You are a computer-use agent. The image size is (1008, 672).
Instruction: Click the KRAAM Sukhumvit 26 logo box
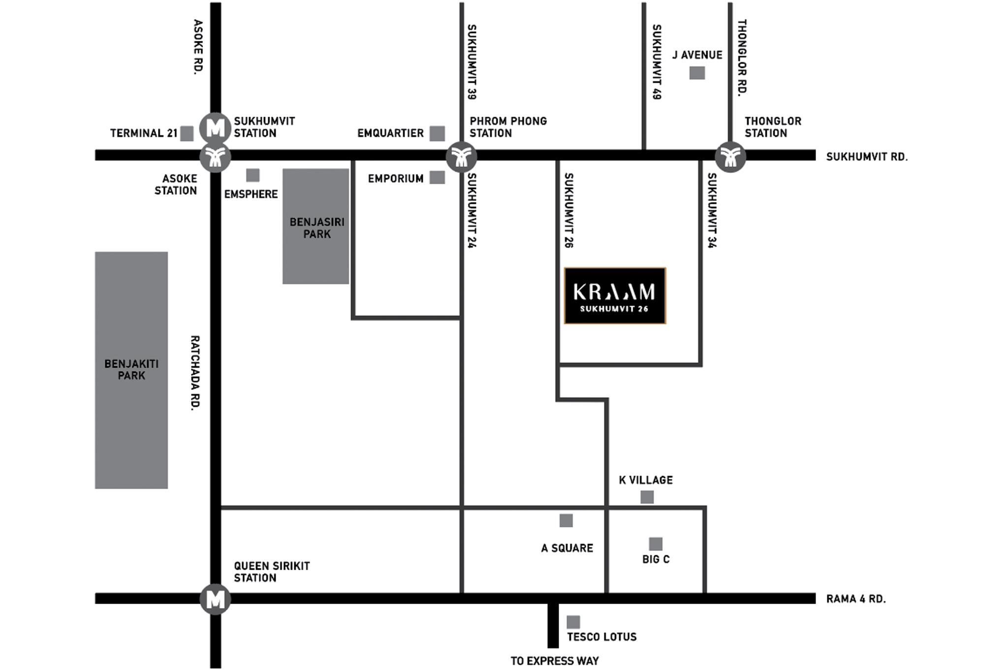[615, 295]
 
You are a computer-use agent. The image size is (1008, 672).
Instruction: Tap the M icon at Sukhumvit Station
[215, 128]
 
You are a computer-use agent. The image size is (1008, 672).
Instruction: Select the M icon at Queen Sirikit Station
[215, 599]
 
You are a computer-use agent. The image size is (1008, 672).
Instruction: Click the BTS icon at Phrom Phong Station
[461, 157]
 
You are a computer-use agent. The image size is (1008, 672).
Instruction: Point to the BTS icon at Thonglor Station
[730, 157]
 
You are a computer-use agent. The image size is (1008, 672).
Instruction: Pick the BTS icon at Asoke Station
[215, 157]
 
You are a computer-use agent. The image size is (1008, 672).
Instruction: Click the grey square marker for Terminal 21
[187, 133]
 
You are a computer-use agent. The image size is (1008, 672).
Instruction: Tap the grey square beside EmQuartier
[437, 133]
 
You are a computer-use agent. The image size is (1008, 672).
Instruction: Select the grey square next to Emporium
[437, 178]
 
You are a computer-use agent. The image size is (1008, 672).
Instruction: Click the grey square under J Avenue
[697, 73]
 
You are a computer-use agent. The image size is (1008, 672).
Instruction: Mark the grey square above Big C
[655, 544]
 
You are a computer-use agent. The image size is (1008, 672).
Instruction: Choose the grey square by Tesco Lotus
[573, 622]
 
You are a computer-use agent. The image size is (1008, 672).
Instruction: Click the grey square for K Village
[647, 497]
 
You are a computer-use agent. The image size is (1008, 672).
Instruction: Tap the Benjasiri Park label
[316, 228]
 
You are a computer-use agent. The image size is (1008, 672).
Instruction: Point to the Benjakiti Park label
[131, 370]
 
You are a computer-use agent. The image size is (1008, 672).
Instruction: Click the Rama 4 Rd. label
[855, 599]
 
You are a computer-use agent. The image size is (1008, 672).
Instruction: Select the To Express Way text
[554, 661]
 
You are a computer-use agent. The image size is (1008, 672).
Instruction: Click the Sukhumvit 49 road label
[656, 62]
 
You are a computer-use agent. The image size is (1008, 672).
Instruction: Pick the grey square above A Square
[566, 520]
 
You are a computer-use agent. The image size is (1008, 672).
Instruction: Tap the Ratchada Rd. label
[195, 372]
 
